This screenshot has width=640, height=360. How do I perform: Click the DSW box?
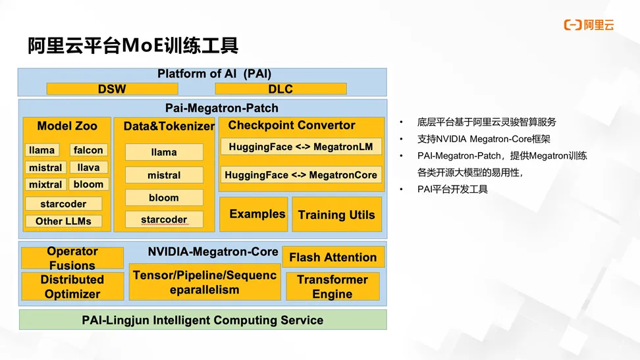pyautogui.click(x=112, y=89)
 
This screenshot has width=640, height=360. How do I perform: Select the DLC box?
pyautogui.click(x=280, y=89)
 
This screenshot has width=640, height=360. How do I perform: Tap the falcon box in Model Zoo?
pyautogui.click(x=89, y=150)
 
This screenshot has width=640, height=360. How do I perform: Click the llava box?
pyautogui.click(x=89, y=167)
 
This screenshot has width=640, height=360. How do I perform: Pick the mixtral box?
pyautogui.click(x=45, y=184)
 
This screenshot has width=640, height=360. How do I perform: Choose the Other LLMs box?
pyautogui.click(x=63, y=221)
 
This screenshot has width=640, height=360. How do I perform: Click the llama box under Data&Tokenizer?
pyautogui.click(x=164, y=152)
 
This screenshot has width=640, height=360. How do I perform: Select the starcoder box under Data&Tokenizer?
pyautogui.click(x=164, y=220)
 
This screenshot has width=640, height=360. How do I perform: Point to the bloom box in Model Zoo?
pyautogui.click(x=89, y=184)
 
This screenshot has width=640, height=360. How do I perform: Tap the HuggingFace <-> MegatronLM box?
pyautogui.click(x=301, y=147)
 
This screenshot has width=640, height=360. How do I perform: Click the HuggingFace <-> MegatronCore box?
pyautogui.click(x=301, y=174)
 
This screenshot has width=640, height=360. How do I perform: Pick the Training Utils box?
pyautogui.click(x=336, y=215)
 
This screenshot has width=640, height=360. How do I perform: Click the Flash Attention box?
pyautogui.click(x=333, y=257)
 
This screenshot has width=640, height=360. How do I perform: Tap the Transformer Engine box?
pyautogui.click(x=333, y=286)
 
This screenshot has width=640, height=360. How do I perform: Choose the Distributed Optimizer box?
pyautogui.click(x=72, y=286)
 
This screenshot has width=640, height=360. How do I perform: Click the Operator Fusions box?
pyautogui.click(x=72, y=258)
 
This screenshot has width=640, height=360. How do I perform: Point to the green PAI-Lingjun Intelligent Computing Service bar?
pyautogui.click(x=203, y=320)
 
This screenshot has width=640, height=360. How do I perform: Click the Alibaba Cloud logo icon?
pyautogui.click(x=573, y=25)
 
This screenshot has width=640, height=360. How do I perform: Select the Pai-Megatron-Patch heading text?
pyautogui.click(x=222, y=108)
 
